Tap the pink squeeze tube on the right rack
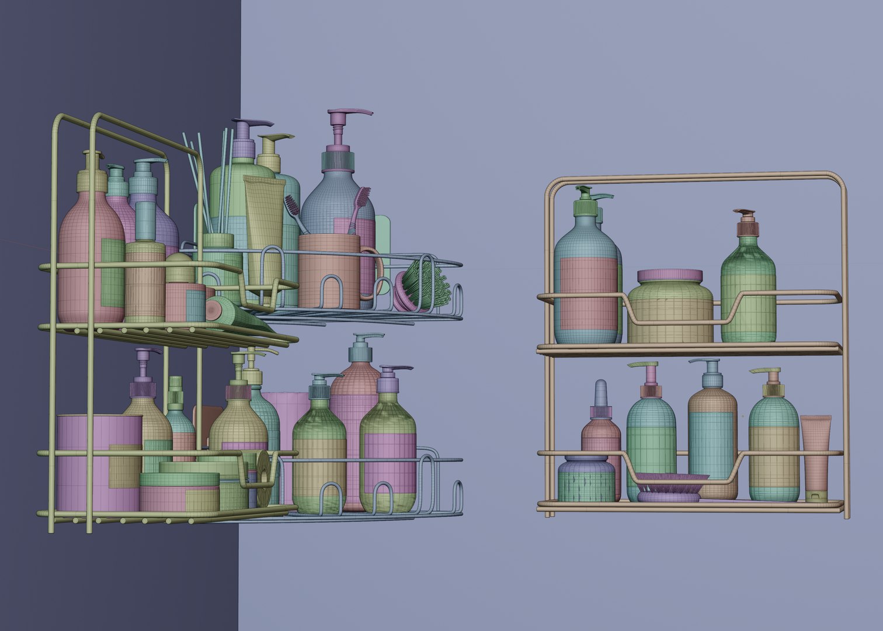pyautogui.click(x=816, y=456)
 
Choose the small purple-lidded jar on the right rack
pyautogui.click(x=586, y=479)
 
